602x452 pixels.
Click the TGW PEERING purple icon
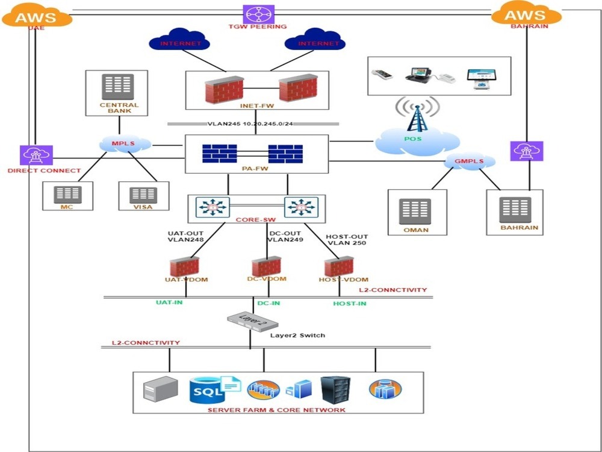(259, 13)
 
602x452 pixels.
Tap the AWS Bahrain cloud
(526, 14)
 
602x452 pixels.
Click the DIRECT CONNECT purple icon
(36, 155)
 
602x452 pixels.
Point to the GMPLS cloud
(470, 161)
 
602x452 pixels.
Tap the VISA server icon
(143, 194)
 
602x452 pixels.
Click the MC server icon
(67, 194)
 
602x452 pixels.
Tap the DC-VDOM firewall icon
(267, 266)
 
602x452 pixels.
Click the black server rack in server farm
(335, 391)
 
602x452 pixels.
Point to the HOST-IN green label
(349, 304)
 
